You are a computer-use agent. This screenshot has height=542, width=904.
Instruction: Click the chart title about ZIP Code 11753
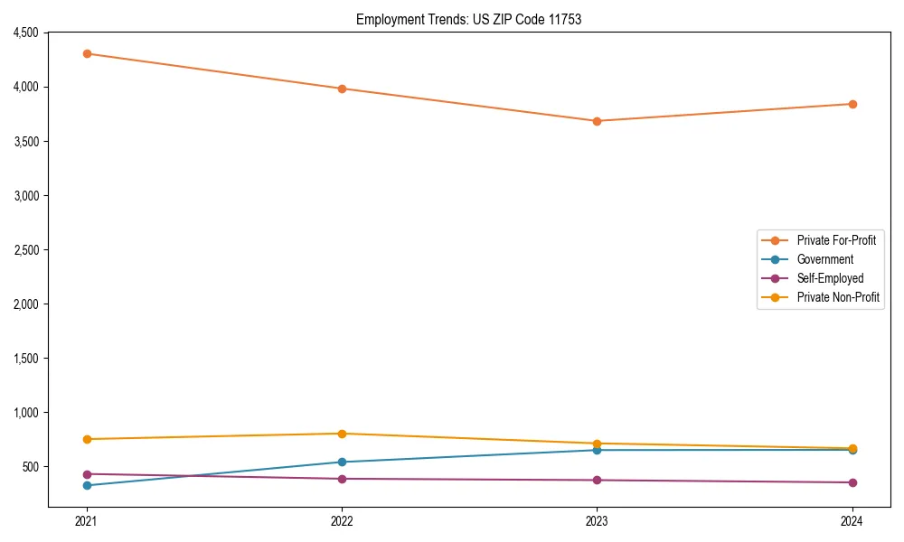tap(468, 19)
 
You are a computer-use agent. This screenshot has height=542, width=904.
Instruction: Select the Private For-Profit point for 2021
tap(87, 53)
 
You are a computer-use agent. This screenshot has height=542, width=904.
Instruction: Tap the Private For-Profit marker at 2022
tap(342, 89)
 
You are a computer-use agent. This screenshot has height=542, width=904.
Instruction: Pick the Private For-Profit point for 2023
tap(597, 121)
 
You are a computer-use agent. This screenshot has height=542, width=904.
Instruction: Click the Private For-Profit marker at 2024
tap(852, 104)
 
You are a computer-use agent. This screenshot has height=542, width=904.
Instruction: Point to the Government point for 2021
tap(87, 485)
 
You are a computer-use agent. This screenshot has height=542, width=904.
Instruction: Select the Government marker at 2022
tap(342, 463)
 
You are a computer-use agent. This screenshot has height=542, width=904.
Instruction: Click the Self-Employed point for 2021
tap(87, 474)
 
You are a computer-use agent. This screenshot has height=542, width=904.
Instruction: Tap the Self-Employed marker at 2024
tap(852, 482)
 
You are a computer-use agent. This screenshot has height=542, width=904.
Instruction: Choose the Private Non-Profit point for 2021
tap(87, 439)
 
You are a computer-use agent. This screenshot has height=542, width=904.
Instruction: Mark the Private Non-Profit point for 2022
tap(342, 434)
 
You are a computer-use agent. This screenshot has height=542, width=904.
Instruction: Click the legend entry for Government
tap(824, 259)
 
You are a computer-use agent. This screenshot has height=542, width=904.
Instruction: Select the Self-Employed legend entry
tap(830, 278)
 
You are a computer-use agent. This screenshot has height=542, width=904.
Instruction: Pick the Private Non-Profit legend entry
tap(838, 297)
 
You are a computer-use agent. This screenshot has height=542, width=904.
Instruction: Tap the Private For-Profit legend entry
tap(835, 240)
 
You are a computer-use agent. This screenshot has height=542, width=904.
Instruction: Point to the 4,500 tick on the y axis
tap(24, 33)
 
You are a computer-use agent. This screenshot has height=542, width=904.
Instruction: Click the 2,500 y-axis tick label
tap(24, 250)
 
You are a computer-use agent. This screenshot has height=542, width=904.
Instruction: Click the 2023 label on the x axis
tap(597, 520)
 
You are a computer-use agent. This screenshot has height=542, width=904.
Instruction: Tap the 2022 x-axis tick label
tap(342, 520)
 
